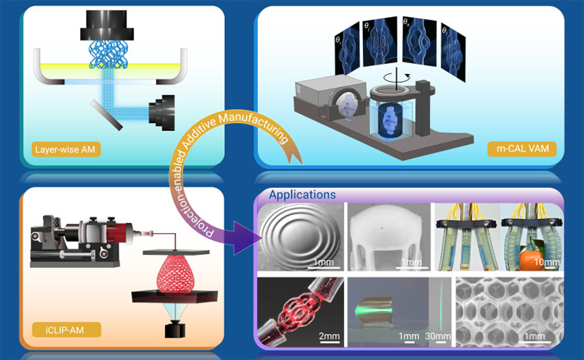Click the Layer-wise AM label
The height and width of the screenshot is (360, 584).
(x=65, y=150)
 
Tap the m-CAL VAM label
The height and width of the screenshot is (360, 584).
(x=522, y=149)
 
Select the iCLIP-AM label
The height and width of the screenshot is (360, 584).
(x=65, y=330)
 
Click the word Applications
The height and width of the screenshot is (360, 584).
(x=302, y=195)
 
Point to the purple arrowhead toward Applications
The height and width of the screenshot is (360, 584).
(x=247, y=238)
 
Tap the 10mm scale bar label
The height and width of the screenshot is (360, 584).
(x=547, y=262)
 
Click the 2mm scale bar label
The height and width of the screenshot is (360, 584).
(x=329, y=336)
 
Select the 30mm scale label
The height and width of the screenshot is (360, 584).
(x=438, y=336)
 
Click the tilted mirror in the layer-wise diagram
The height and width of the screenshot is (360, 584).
(x=107, y=115)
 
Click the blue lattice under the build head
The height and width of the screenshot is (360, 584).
(x=108, y=55)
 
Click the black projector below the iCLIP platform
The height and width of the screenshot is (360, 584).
(x=175, y=330)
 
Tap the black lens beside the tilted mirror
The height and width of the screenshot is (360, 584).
(x=162, y=112)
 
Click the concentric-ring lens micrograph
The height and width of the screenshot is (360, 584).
(x=301, y=237)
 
